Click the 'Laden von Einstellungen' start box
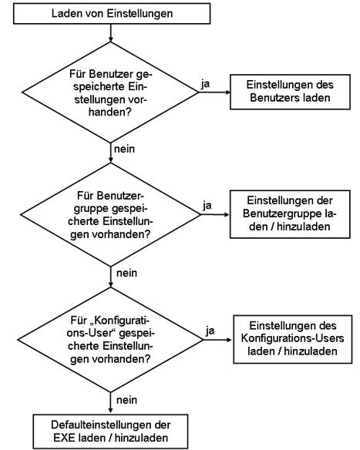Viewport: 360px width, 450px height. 112,14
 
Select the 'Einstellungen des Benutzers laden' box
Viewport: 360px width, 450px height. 290,92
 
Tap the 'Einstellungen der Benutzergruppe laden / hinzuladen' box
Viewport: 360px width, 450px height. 290,214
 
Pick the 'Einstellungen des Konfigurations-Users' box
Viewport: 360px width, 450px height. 292,339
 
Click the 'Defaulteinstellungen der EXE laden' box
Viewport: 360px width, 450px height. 110,432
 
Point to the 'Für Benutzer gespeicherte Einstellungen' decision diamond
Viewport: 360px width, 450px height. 110,92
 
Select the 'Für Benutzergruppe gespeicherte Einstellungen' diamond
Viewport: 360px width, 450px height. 110,215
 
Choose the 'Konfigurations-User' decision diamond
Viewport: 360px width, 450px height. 110,340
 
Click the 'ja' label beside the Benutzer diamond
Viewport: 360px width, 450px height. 205,84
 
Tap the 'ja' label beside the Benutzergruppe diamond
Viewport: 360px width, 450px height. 207,206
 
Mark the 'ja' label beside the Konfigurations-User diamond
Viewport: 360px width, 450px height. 210,331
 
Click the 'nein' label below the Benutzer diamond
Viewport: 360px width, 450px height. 124,149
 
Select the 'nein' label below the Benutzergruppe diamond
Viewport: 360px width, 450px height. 126,273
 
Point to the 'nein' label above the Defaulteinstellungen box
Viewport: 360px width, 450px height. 126,400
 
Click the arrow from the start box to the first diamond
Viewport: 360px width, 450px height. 110,32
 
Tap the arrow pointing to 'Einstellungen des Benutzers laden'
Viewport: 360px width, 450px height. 214,92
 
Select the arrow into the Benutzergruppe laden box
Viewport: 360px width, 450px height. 215,214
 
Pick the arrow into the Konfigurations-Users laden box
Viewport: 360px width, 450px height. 217,340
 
